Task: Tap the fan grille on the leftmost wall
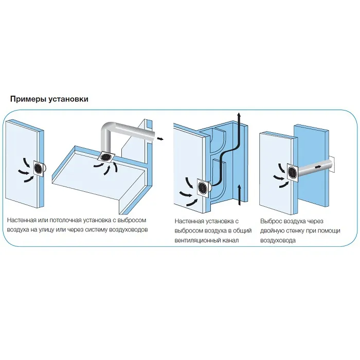[39, 168]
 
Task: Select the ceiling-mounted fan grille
[106, 157]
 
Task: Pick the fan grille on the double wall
[292, 172]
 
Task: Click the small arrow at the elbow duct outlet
[160, 138]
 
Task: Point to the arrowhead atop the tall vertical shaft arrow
[239, 115]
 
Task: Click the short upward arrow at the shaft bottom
[239, 195]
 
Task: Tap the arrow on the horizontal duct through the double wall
[318, 167]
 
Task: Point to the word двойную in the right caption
[272, 231]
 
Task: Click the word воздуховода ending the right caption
[278, 241]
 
